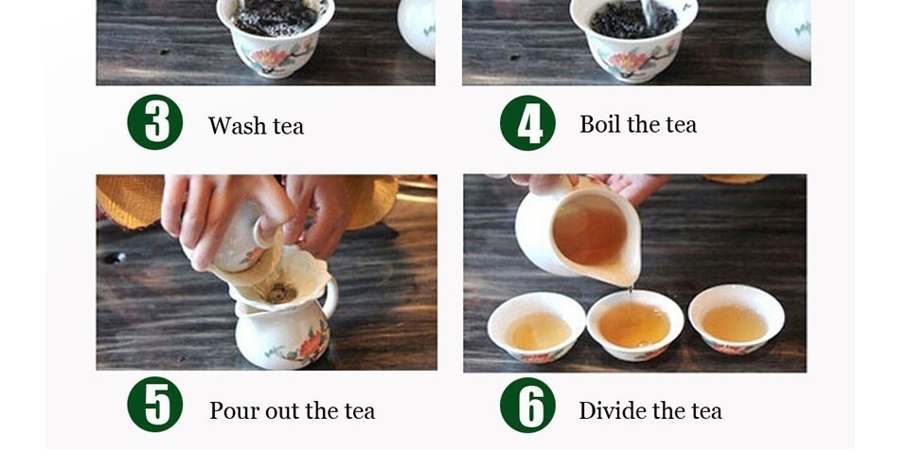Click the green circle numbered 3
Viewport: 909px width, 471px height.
click(x=154, y=122)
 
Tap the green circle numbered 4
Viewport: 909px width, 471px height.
click(x=527, y=123)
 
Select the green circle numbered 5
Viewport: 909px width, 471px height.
click(x=154, y=405)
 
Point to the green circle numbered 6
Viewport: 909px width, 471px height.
click(x=527, y=405)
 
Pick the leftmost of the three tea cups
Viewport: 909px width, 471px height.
click(x=536, y=327)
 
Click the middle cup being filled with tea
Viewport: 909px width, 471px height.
click(x=636, y=324)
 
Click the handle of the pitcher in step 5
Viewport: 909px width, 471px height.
click(x=330, y=297)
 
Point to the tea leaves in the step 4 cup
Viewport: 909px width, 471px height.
click(x=633, y=19)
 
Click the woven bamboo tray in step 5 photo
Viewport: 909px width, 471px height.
click(x=130, y=201)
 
